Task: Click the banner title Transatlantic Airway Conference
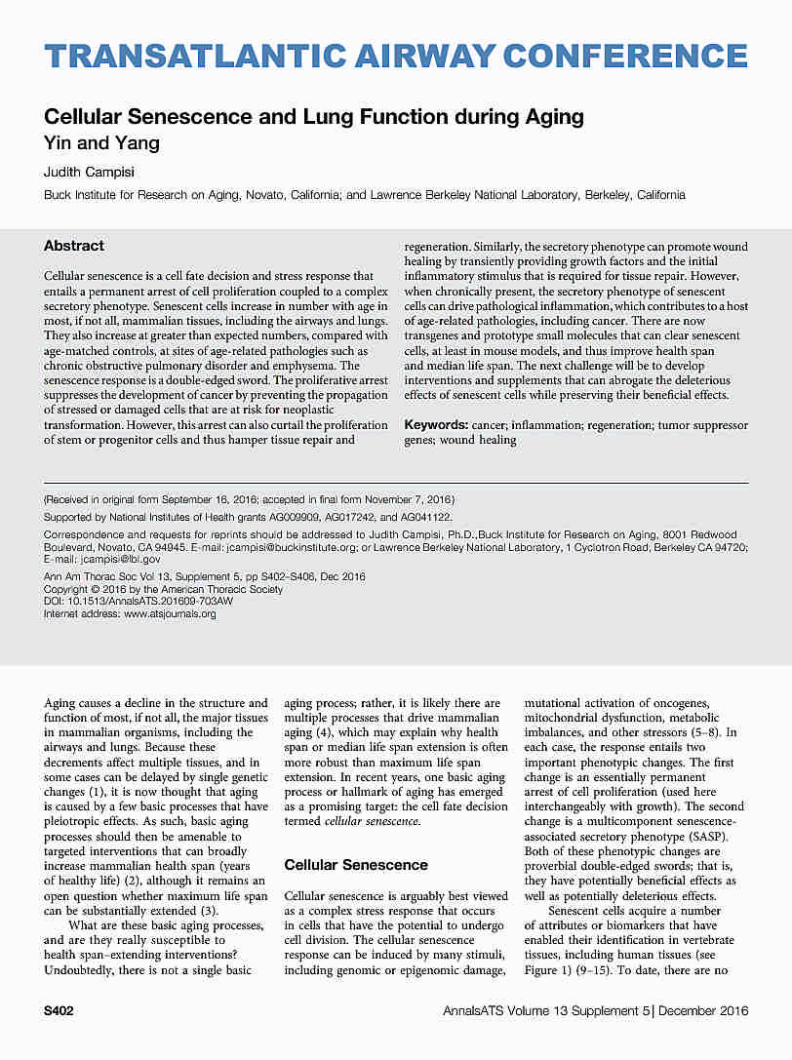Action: [x=396, y=56]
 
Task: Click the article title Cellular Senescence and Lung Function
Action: [x=313, y=118]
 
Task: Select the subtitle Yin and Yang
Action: [x=101, y=143]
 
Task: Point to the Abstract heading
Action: [x=74, y=246]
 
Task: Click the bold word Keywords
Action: [x=435, y=426]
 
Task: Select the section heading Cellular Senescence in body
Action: [x=355, y=864]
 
